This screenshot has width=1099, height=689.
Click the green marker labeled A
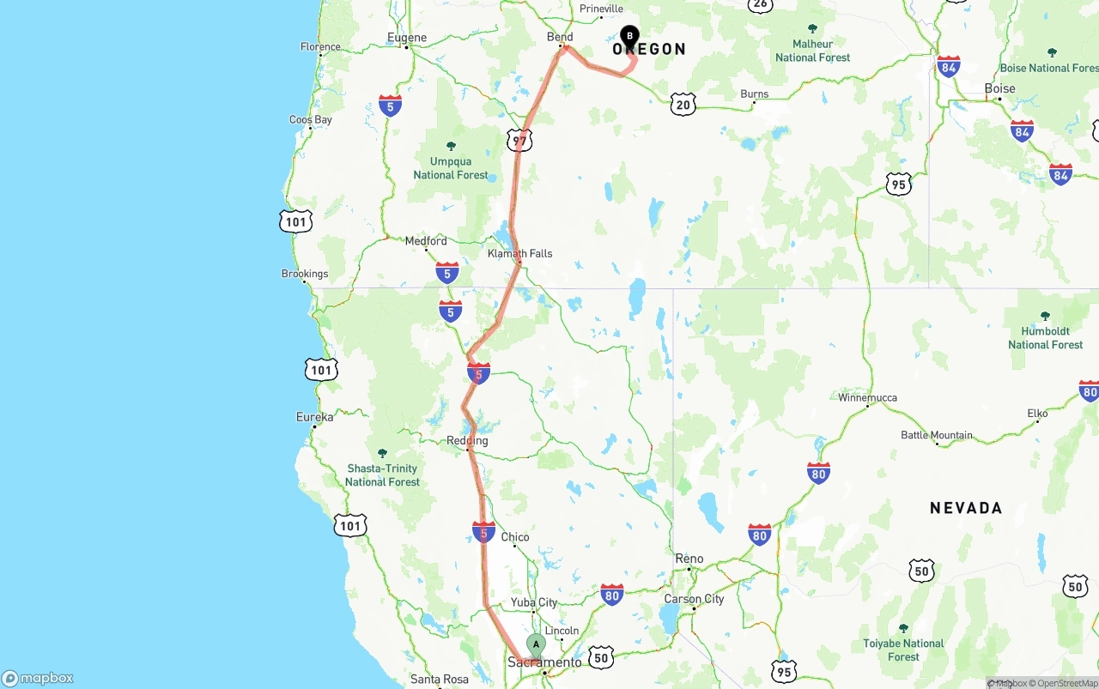click(x=536, y=644)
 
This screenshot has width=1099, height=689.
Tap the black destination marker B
click(x=629, y=37)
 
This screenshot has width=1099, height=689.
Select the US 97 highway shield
click(x=519, y=140)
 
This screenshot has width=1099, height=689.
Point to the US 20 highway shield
click(x=683, y=105)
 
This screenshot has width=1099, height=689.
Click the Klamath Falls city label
click(x=520, y=253)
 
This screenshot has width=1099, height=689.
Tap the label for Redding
click(x=467, y=441)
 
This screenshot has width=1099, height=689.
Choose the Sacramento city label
click(x=544, y=662)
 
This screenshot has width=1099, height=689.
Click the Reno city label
click(x=689, y=559)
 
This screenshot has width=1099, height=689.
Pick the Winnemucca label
click(x=868, y=397)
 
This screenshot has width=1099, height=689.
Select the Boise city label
click(x=1000, y=88)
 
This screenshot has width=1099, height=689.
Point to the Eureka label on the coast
click(x=314, y=417)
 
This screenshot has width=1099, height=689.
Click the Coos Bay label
click(x=311, y=120)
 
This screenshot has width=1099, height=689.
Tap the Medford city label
click(x=426, y=241)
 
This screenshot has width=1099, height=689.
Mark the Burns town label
click(x=755, y=94)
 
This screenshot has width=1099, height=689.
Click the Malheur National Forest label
click(x=813, y=51)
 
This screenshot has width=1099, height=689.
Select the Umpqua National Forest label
click(x=451, y=168)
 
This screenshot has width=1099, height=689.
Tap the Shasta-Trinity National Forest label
click(x=383, y=474)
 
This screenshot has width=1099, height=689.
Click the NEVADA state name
click(x=966, y=508)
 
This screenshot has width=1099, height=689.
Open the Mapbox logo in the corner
click(x=38, y=678)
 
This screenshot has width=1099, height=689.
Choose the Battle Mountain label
click(x=937, y=435)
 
